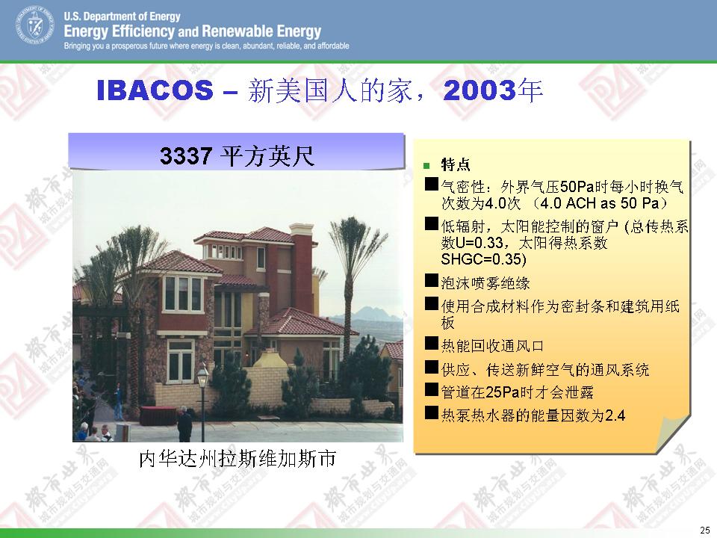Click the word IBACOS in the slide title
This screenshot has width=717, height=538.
pyautogui.click(x=155, y=90)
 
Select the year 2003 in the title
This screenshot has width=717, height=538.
pyautogui.click(x=479, y=90)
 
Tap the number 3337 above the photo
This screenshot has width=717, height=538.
pyautogui.click(x=186, y=155)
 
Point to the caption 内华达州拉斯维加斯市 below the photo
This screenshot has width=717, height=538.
pyautogui.click(x=238, y=458)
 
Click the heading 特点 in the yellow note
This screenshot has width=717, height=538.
pyautogui.click(x=456, y=164)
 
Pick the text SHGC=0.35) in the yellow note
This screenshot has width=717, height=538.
pyautogui.click(x=483, y=259)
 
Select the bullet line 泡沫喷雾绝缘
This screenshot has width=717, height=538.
pyautogui.click(x=485, y=283)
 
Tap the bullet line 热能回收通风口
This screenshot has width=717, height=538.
pyautogui.click(x=492, y=346)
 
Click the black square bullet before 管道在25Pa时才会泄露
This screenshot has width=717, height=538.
pyautogui.click(x=432, y=389)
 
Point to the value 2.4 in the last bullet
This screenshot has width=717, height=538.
pyautogui.click(x=615, y=415)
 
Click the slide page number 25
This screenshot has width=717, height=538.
pyautogui.click(x=704, y=529)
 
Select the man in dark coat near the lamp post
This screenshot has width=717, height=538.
pyautogui.click(x=184, y=424)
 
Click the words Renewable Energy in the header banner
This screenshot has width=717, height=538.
pyautogui.click(x=261, y=31)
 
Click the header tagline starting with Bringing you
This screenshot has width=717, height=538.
pyautogui.click(x=206, y=46)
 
